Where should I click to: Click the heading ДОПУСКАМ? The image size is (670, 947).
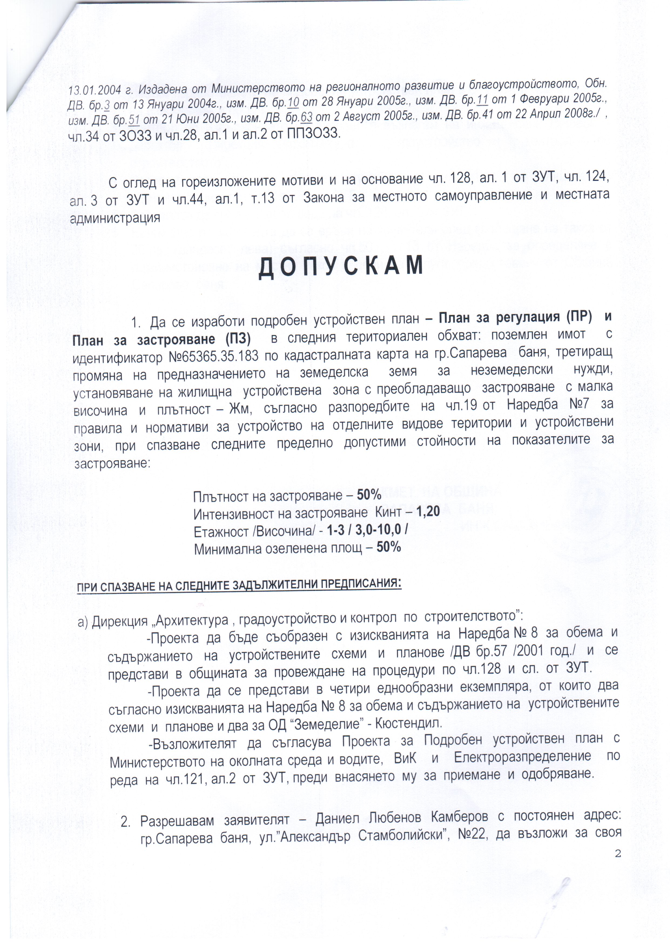click(x=341, y=266)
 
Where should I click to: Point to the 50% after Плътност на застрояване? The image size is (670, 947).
click(x=369, y=495)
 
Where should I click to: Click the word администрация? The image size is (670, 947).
click(x=115, y=218)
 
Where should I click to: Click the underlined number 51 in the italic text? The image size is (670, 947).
click(x=134, y=120)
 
